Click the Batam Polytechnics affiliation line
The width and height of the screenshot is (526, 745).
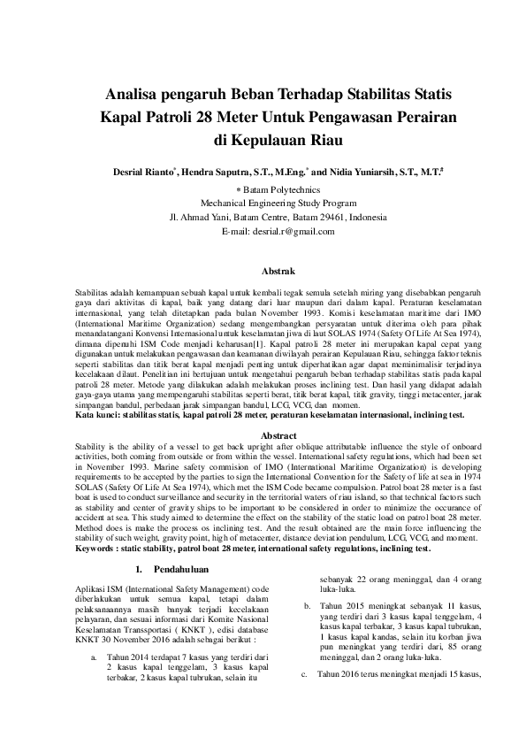[265, 189]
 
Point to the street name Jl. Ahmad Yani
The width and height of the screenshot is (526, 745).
[200, 217]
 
